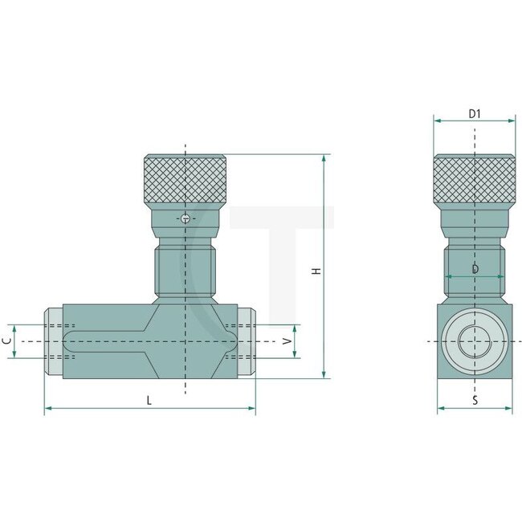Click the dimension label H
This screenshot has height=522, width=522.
[x=317, y=271]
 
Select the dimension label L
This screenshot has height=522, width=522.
[x=149, y=399]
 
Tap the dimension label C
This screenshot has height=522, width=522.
[x=6, y=341]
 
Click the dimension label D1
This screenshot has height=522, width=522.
[x=475, y=114]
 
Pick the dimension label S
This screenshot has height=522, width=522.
[x=475, y=399]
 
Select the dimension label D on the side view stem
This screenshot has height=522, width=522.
[x=475, y=269]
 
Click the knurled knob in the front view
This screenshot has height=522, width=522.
[x=185, y=180]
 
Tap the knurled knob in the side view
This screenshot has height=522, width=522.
[x=475, y=180]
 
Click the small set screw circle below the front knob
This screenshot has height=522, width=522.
[x=186, y=218]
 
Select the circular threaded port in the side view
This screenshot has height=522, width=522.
[x=475, y=341]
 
